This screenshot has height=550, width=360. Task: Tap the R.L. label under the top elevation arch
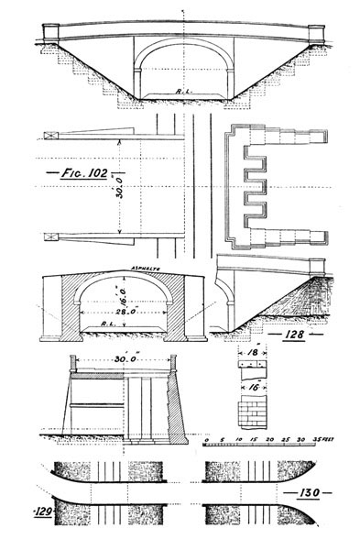click(181, 91)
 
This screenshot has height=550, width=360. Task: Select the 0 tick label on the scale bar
click(207, 441)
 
